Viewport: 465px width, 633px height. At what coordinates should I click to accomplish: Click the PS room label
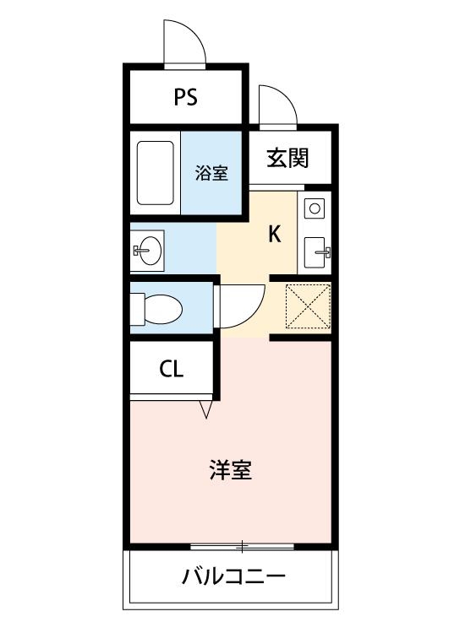[186, 97]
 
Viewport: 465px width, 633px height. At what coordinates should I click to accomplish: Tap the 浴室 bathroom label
[211, 174]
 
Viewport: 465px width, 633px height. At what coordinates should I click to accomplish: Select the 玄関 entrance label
[287, 158]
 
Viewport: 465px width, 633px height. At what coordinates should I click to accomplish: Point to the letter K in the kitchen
[275, 234]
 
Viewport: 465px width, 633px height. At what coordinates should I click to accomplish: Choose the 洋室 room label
[231, 469]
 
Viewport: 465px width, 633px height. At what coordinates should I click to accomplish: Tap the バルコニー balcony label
[233, 578]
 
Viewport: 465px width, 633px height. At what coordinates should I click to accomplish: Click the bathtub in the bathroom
[156, 173]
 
